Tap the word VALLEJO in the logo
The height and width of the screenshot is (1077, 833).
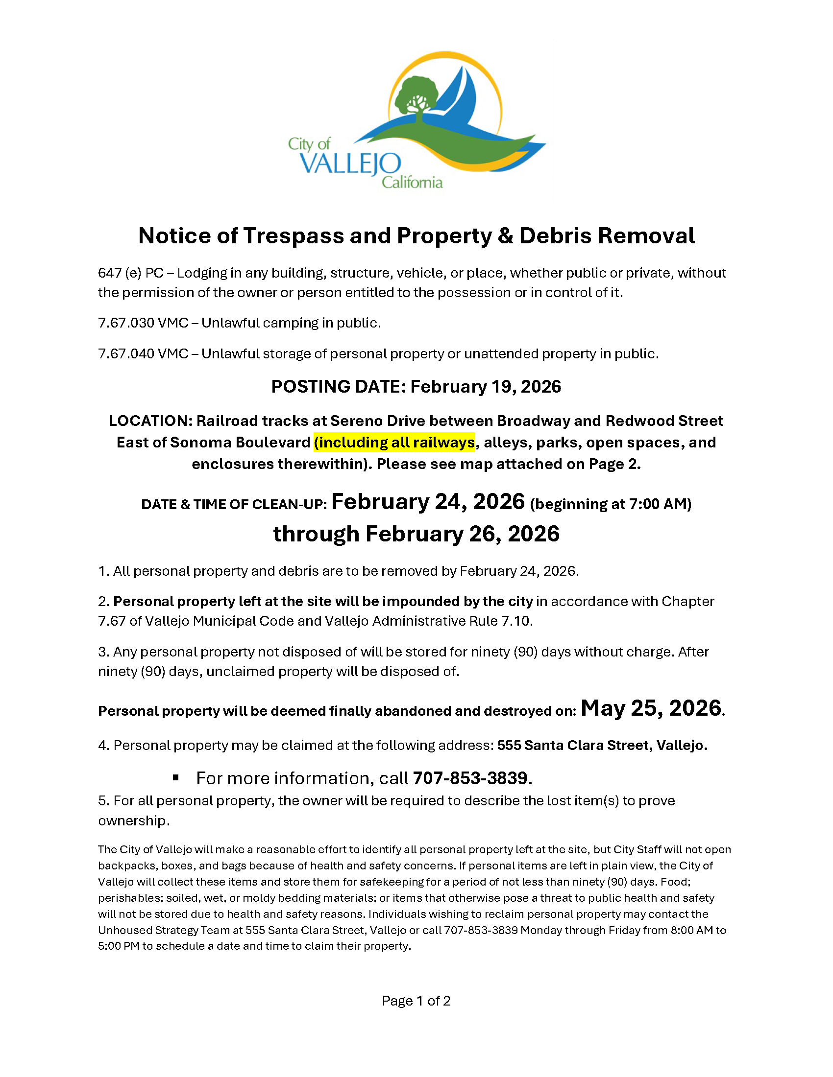coord(350,163)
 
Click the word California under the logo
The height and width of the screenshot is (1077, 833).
coord(412,183)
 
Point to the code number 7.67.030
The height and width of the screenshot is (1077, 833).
coord(126,323)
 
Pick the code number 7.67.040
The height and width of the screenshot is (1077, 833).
coord(126,353)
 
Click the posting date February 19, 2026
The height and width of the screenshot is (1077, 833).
coord(486,387)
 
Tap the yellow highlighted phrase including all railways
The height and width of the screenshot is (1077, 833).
coord(395,443)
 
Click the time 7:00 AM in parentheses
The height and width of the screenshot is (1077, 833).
coord(659,504)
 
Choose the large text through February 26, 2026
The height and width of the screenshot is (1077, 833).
coord(416,534)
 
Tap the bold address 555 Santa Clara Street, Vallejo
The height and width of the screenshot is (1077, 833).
coord(602,745)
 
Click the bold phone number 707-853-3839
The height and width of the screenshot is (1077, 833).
coord(470,778)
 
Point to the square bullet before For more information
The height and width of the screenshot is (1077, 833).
coord(176,778)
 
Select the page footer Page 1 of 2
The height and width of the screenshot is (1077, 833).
coord(416,1001)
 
